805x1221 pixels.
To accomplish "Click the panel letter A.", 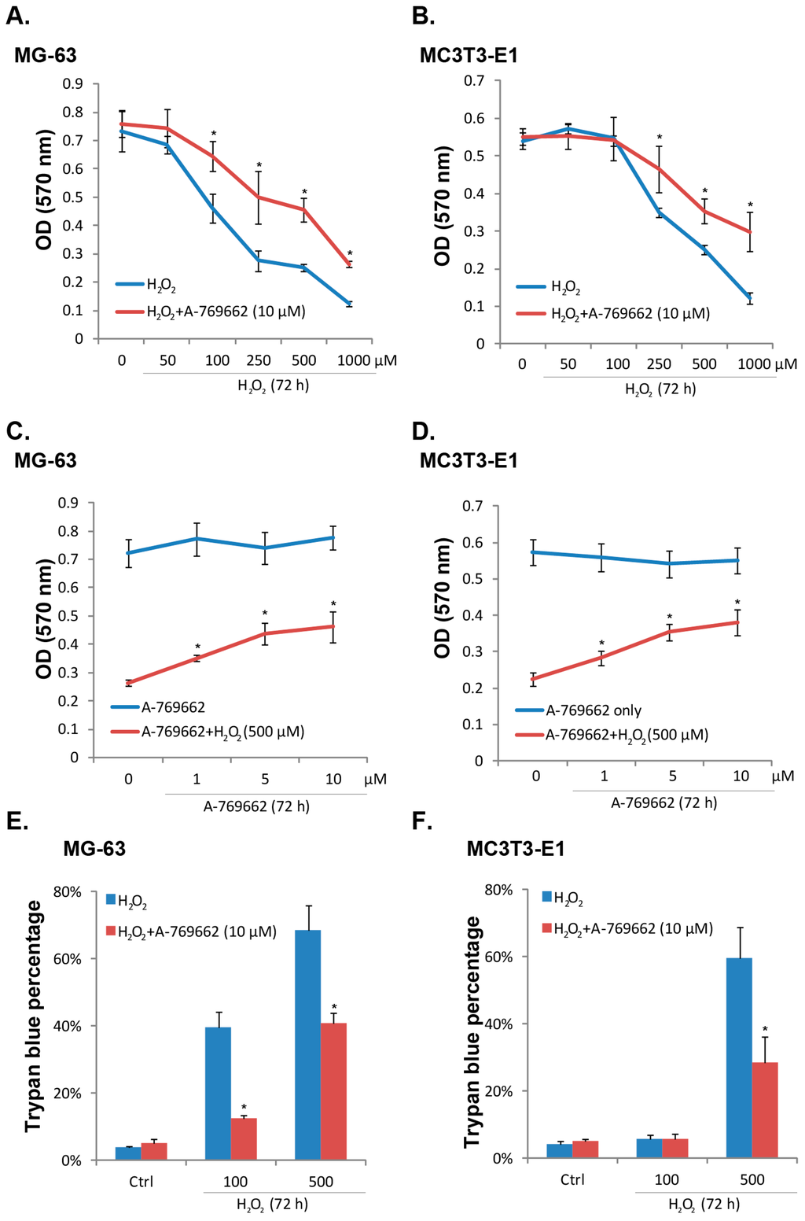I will tap(17, 16).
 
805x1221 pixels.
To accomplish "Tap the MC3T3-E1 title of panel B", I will tap(469, 56).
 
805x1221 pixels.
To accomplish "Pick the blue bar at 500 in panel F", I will tap(739, 1057).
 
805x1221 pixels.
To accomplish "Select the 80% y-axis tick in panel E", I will tap(67, 892).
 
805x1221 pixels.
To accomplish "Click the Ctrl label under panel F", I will tap(572, 1179).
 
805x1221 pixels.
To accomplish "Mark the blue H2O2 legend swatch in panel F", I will tap(547, 897).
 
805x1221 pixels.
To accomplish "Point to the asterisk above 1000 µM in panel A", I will tap(350, 253).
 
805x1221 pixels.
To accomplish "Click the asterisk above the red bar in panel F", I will tap(764, 1029).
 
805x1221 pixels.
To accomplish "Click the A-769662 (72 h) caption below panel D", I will tap(664, 803).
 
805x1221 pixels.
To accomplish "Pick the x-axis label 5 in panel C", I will tap(265, 780).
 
